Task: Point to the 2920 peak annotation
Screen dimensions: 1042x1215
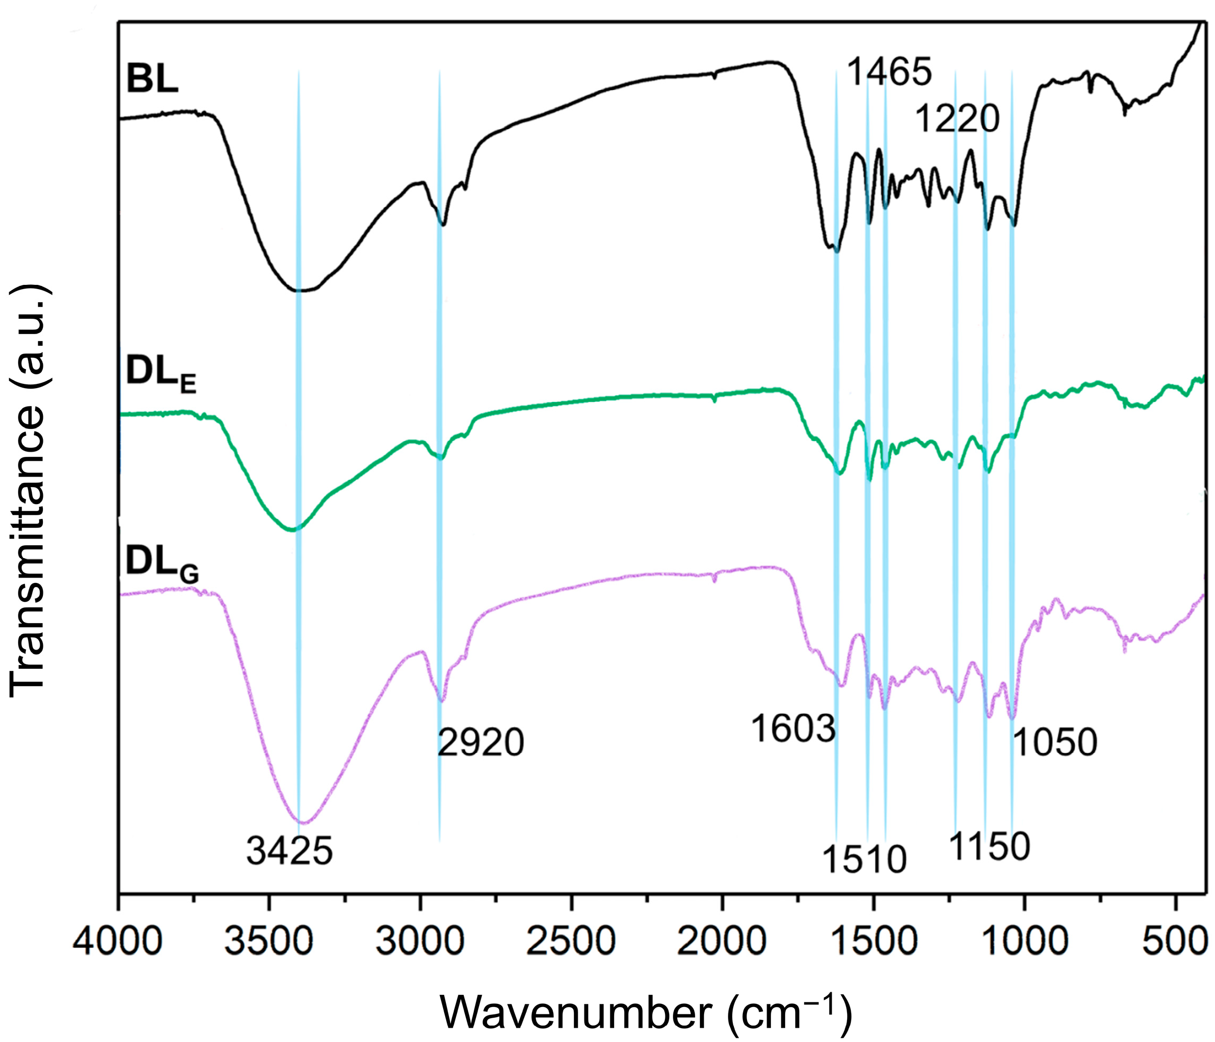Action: pyautogui.click(x=480, y=743)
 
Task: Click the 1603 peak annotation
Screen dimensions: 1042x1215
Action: pyautogui.click(x=793, y=730)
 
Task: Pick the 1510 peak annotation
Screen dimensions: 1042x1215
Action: pyautogui.click(x=865, y=860)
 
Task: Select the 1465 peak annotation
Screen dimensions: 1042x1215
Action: pyautogui.click(x=889, y=72)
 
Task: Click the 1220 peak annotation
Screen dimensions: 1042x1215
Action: pyautogui.click(x=957, y=120)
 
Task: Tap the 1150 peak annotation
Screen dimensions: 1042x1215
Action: pyautogui.click(x=989, y=846)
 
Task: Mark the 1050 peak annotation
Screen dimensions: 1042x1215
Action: pyautogui.click(x=1055, y=742)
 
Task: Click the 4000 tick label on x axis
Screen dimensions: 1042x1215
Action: pyautogui.click(x=119, y=944)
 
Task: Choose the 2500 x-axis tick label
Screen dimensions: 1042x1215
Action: pyautogui.click(x=571, y=944)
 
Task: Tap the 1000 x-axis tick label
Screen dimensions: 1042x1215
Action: pyautogui.click(x=1024, y=944)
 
